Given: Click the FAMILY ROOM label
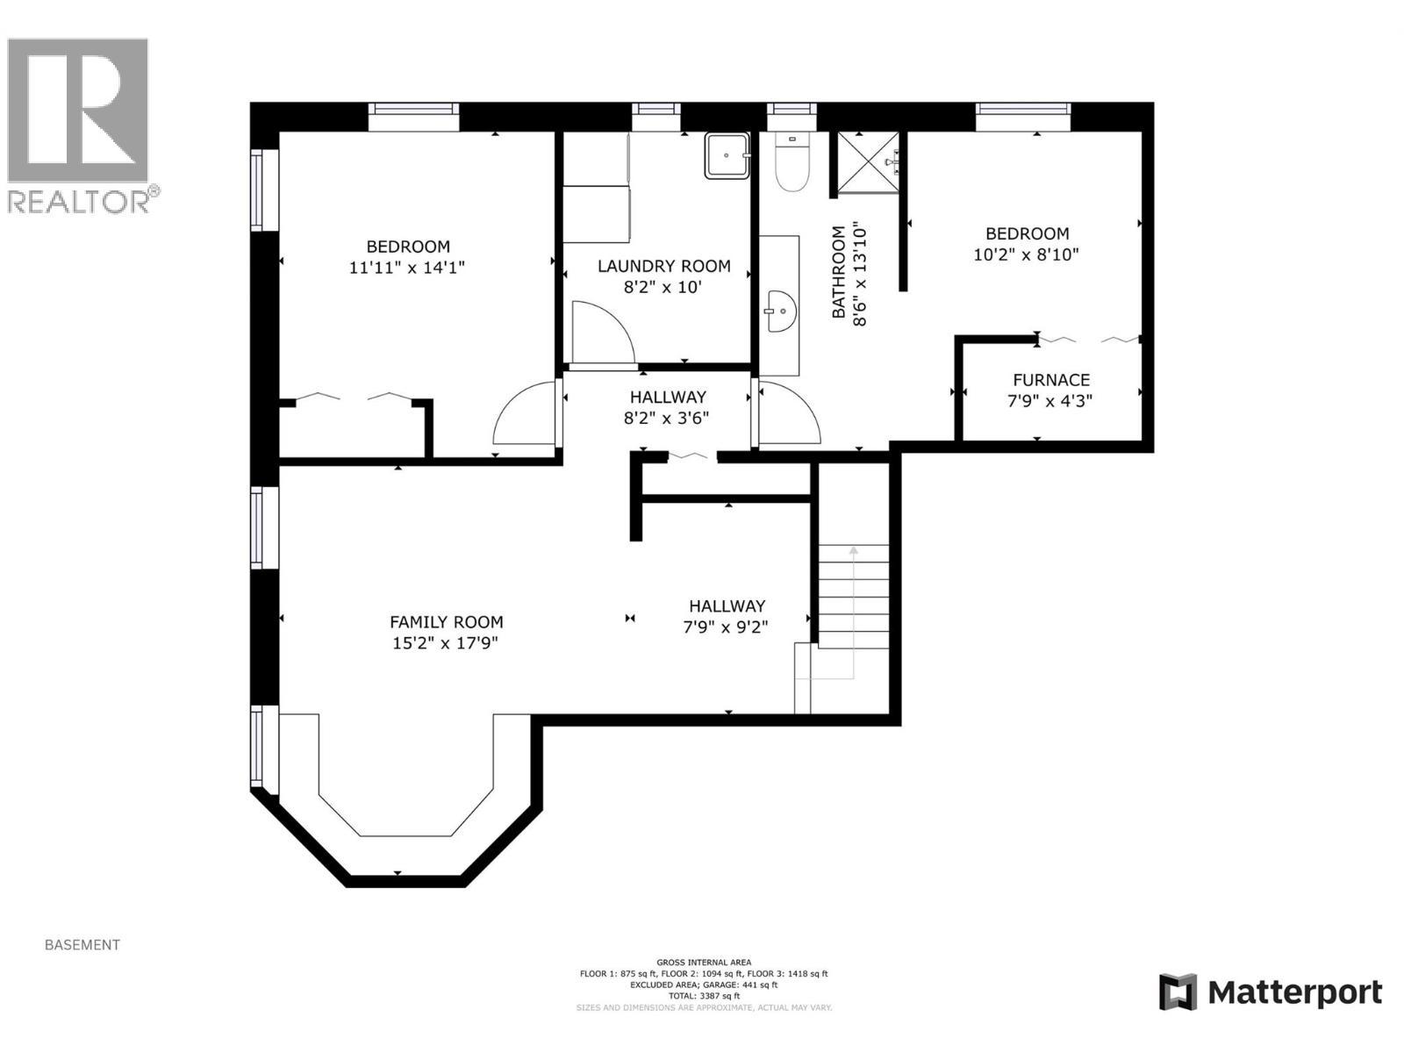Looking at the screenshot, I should coord(446,622).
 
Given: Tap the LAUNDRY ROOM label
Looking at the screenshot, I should coord(663,266).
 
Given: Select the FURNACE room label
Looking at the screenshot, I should coord(1050,380).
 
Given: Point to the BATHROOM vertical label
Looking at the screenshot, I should coord(839,273).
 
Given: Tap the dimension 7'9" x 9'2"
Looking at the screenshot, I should coord(726,627).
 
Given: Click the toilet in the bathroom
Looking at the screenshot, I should coord(792,167).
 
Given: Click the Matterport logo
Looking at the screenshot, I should coord(1271,992).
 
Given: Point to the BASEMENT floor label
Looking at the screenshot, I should coord(82,945).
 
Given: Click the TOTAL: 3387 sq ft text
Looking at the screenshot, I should coord(703,996).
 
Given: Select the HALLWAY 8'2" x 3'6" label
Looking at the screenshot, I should coord(666,408).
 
